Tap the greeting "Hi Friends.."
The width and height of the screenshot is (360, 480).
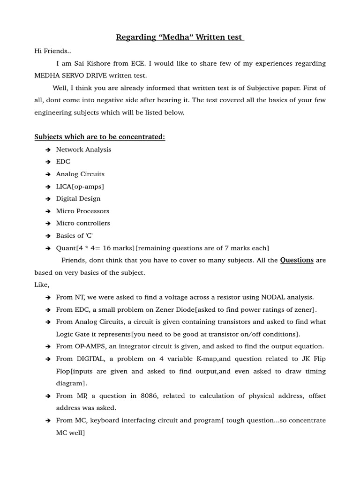52,51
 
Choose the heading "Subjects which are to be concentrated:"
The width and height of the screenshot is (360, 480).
99,137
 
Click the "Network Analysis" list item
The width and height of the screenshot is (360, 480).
83,150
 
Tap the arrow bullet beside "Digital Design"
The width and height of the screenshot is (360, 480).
48,199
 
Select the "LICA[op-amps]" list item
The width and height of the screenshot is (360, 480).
80,187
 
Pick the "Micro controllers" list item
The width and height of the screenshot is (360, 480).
83,223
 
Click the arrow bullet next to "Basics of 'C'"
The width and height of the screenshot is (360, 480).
48,236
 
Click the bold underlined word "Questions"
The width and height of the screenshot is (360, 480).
297,260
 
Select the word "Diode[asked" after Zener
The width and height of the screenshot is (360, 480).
221,309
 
